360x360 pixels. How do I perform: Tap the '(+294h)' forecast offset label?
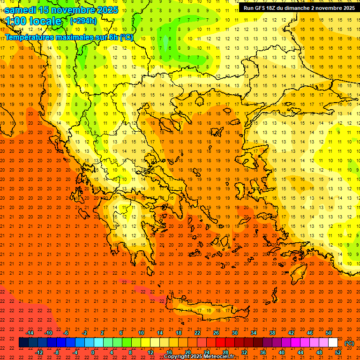click(83, 21)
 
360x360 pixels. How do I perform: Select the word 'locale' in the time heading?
click(45, 22)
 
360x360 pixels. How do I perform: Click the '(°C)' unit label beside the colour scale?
click(350, 343)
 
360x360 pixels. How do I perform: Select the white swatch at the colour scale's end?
click(333, 343)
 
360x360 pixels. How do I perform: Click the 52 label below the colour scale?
click(338, 352)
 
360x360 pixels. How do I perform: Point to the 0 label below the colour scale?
click(93, 352)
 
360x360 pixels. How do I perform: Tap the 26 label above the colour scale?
click(216, 333)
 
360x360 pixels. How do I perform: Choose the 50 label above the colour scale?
click(329, 333)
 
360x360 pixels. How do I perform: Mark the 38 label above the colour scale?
click(272, 333)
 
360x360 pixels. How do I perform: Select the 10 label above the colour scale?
click(141, 333)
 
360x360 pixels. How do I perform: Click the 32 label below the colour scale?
click(244, 352)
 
